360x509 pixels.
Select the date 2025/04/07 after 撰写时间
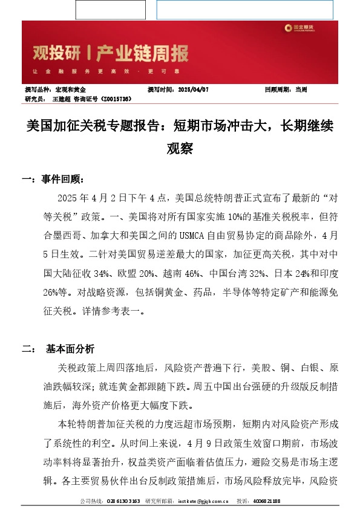pyautogui.click(x=194, y=89)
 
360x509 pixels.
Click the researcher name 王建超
pyautogui.click(x=62, y=97)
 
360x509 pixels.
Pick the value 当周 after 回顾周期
pyautogui.click(x=301, y=89)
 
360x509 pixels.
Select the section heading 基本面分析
pyautogui.click(x=70, y=349)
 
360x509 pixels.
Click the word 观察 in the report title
pyautogui.click(x=180, y=148)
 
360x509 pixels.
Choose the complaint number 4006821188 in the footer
pyautogui.click(x=266, y=501)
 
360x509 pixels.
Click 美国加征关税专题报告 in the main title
pyautogui.click(x=96, y=126)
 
